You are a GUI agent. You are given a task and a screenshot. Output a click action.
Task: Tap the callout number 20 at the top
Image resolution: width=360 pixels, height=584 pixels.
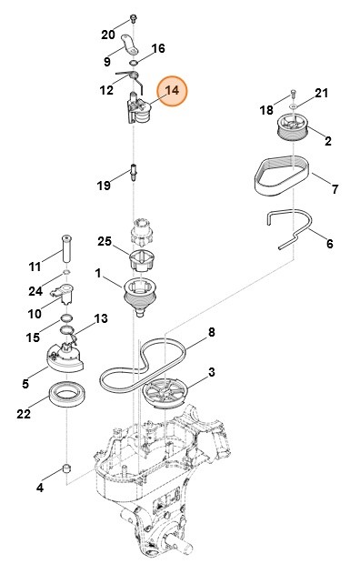(x=108, y=35)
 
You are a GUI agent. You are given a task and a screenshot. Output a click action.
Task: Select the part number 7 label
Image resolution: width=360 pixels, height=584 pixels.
(x=335, y=189)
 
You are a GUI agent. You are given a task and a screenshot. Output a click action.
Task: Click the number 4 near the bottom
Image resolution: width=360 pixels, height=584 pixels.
(x=39, y=488)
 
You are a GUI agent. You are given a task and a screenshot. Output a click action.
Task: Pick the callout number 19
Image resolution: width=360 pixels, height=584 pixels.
(x=105, y=185)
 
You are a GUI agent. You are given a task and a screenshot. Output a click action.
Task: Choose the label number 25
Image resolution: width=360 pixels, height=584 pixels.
(x=105, y=241)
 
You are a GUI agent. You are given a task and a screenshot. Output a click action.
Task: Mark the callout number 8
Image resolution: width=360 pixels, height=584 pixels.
(x=212, y=333)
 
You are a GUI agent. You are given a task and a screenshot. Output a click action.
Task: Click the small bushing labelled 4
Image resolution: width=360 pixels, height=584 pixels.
(x=66, y=468)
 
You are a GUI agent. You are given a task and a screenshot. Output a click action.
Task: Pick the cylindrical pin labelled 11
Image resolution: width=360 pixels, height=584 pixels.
(x=67, y=247)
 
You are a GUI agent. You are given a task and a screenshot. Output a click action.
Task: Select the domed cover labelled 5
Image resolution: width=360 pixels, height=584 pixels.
(x=64, y=357)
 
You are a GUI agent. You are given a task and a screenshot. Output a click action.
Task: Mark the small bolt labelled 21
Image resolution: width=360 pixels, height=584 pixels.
(x=293, y=94)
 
